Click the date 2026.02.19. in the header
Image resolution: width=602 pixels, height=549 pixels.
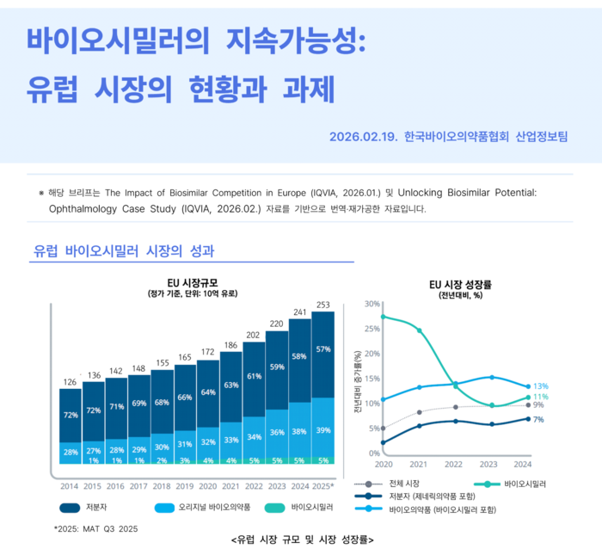pyautogui.click(x=361, y=137)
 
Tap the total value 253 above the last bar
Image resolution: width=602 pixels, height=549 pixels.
pyautogui.click(x=323, y=305)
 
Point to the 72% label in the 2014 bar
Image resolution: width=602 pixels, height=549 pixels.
pyautogui.click(x=71, y=416)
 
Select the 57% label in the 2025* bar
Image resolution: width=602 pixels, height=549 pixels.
pyautogui.click(x=323, y=349)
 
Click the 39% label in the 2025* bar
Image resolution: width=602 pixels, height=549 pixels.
pyautogui.click(x=323, y=430)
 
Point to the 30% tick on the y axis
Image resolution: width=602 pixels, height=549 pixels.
pyautogui.click(x=372, y=304)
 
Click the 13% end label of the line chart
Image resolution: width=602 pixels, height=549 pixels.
pyautogui.click(x=540, y=386)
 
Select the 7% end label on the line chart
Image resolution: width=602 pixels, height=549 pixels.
pyautogui.click(x=538, y=419)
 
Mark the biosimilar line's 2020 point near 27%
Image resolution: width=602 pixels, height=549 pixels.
pyautogui.click(x=383, y=317)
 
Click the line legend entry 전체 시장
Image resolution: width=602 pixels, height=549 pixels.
pyautogui.click(x=405, y=484)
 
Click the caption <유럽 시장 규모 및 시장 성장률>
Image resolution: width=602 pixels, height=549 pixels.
pyautogui.click(x=301, y=540)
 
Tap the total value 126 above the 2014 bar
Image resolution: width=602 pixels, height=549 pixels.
pyautogui.click(x=71, y=381)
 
